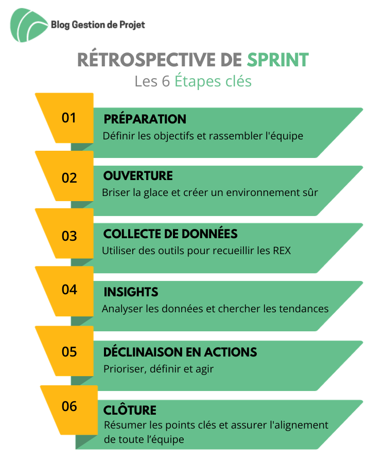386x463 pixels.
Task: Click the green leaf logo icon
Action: [x=29, y=25]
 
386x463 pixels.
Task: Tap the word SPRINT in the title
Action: [x=278, y=60]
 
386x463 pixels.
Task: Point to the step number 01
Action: [x=69, y=118]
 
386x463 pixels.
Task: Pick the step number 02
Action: [x=69, y=178]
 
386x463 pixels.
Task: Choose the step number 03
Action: [x=69, y=236]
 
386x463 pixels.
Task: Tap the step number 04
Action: [x=69, y=290]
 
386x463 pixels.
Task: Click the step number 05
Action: [x=69, y=352]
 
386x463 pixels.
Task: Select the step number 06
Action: [x=69, y=406]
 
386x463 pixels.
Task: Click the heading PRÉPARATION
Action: [x=145, y=118]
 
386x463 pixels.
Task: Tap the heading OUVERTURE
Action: [x=138, y=176]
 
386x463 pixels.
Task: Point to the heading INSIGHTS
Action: [x=131, y=292]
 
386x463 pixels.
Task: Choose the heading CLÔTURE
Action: [x=130, y=409]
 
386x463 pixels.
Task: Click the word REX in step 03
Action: [x=282, y=251]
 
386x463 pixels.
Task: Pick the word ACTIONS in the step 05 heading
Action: [x=231, y=352]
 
